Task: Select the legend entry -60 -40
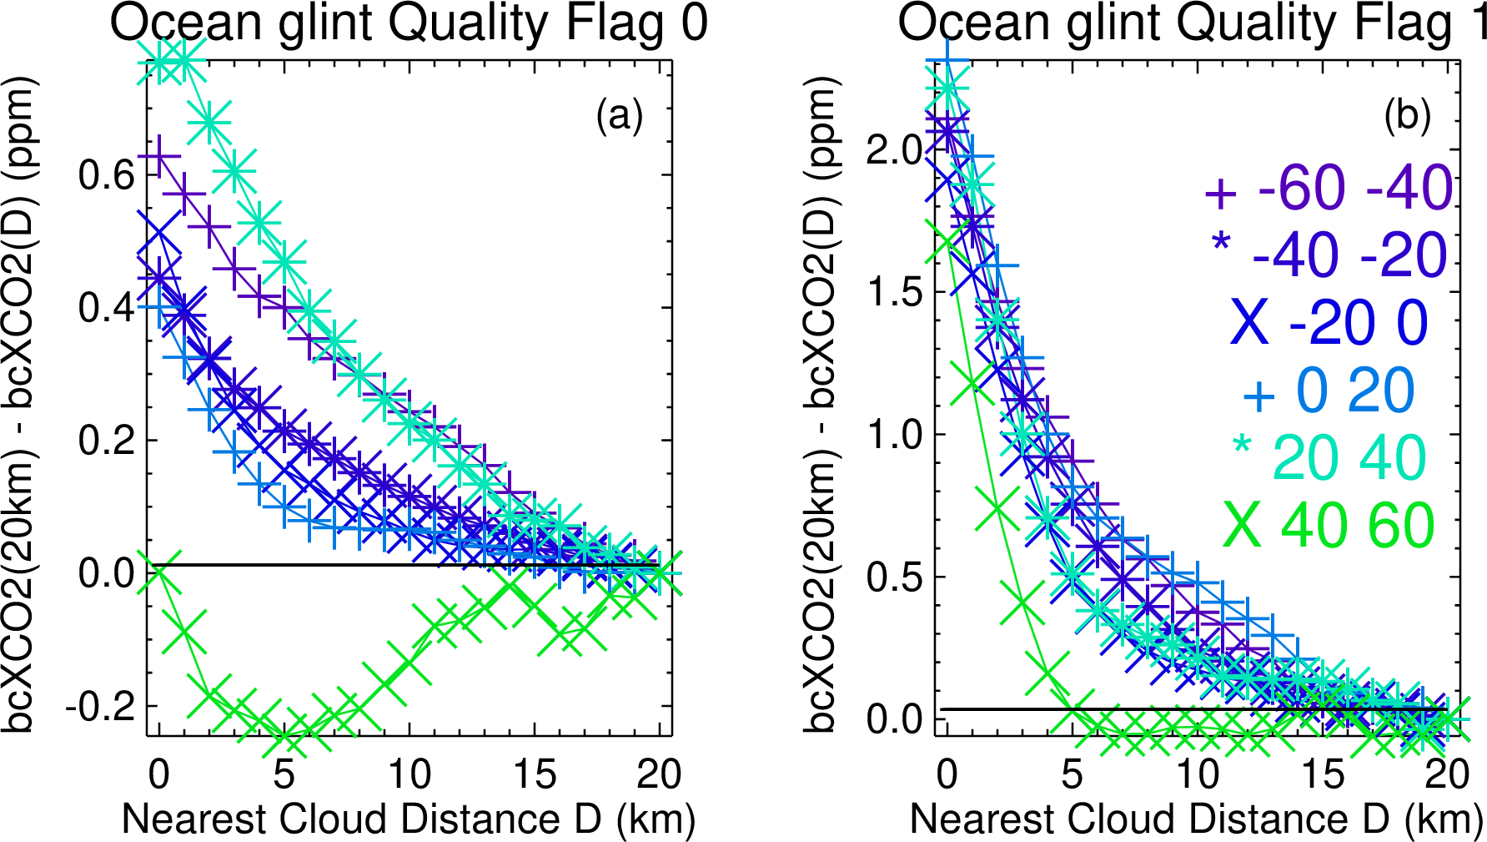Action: [x=1329, y=189]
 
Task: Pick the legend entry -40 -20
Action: [x=1329, y=255]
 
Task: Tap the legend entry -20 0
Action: [x=1329, y=323]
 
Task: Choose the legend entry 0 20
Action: [x=1329, y=391]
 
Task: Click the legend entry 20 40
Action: [x=1329, y=458]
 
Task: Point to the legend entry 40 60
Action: [x=1329, y=526]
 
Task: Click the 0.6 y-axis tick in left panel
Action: [x=106, y=175]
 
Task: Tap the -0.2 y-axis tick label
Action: [x=99, y=707]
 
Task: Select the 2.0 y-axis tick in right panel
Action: [x=894, y=150]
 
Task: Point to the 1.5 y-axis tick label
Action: [x=894, y=292]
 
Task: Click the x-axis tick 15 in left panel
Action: [x=535, y=775]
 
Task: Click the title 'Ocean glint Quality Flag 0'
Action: [x=409, y=23]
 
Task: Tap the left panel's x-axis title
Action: [x=409, y=819]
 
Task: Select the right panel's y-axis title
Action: [x=821, y=406]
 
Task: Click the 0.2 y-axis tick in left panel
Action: [x=106, y=441]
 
